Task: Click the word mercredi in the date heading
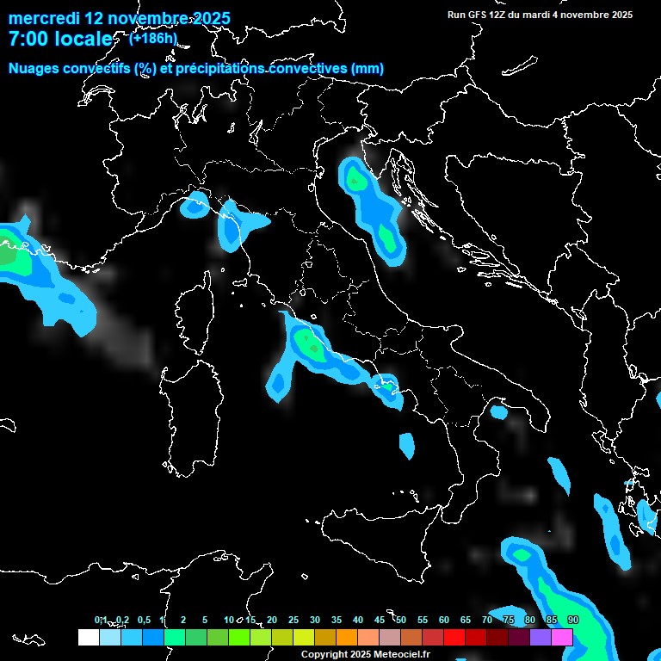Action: [x=43, y=18]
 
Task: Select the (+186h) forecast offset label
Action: [x=152, y=38]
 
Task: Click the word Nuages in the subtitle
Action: [x=34, y=69]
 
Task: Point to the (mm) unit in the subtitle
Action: [x=368, y=69]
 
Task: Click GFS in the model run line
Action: [x=477, y=15]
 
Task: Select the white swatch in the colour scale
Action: [x=88, y=637]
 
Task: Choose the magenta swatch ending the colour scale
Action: [x=562, y=637]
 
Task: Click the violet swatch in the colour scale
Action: [x=541, y=637]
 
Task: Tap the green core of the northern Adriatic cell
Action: [x=355, y=179]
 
